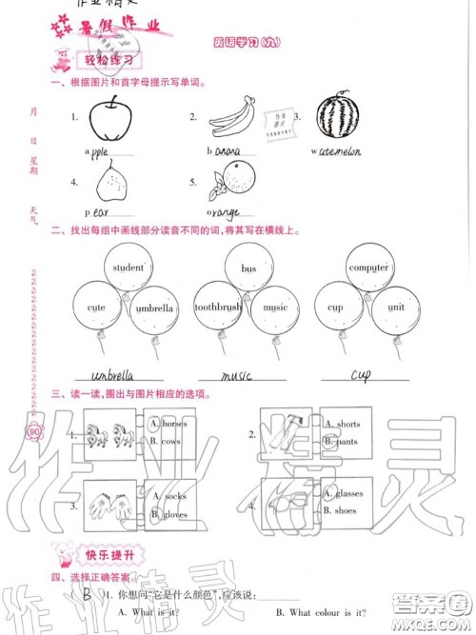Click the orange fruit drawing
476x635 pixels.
(228, 179)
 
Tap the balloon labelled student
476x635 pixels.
(128, 269)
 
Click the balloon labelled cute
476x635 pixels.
(95, 308)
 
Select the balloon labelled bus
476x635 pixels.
(249, 269)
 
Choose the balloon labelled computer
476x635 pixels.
(368, 268)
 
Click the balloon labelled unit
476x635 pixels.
(396, 308)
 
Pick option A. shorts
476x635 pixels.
(346, 424)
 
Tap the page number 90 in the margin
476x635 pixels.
(34, 435)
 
